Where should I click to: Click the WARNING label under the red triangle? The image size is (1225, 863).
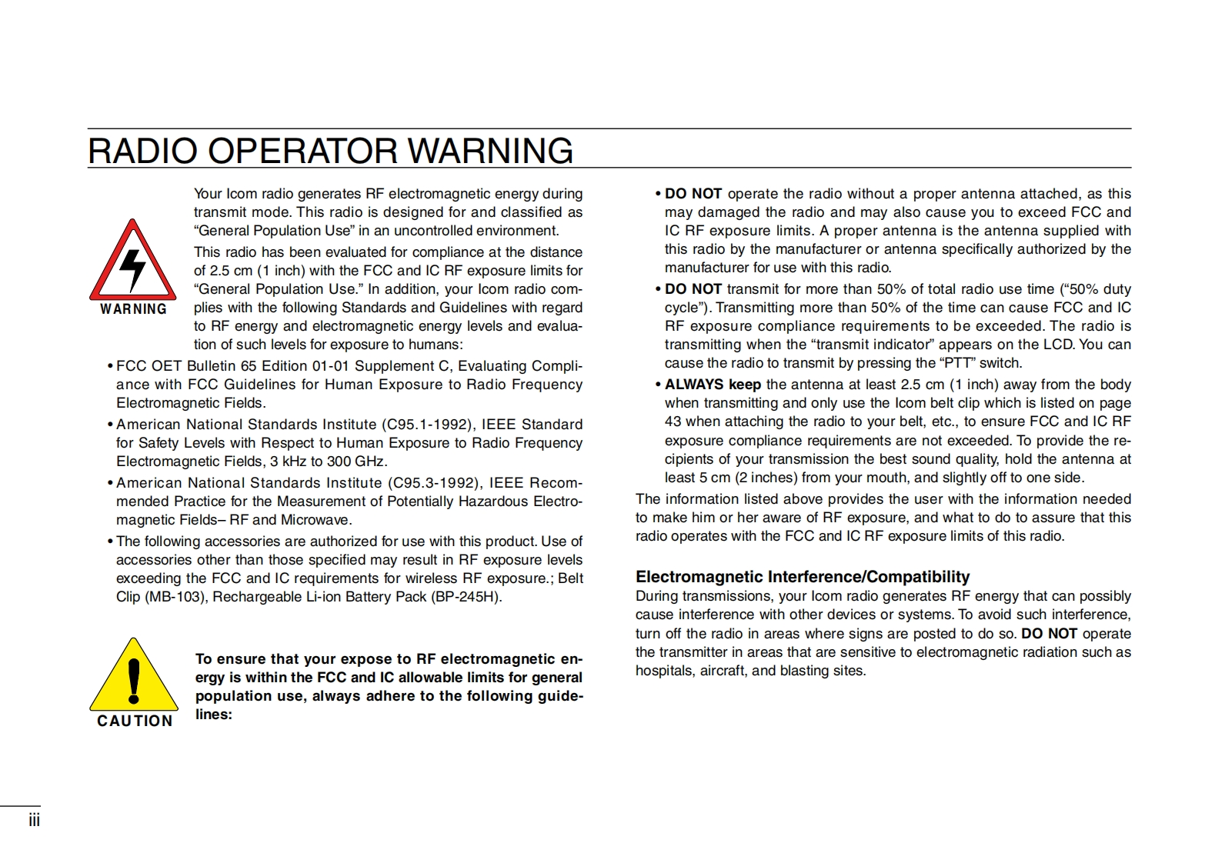tap(134, 309)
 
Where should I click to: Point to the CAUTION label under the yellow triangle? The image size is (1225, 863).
tap(135, 721)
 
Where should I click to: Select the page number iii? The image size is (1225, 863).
tap(34, 820)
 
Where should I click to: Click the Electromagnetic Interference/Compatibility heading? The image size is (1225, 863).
tap(803, 577)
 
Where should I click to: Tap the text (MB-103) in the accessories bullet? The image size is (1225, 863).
tap(174, 597)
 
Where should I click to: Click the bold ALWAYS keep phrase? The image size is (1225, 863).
tap(713, 385)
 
